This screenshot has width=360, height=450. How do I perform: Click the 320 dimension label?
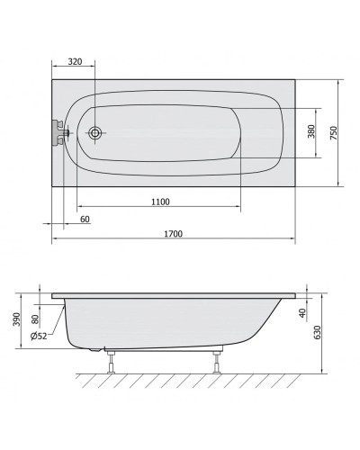[x=75, y=61]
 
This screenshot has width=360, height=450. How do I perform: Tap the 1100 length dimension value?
[x=160, y=202]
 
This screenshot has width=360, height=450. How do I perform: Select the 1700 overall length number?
[x=173, y=234]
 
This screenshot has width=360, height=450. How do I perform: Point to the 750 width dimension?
[x=334, y=133]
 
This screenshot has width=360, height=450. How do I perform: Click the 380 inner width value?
[x=311, y=131]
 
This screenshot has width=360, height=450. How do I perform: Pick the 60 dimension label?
[x=85, y=220]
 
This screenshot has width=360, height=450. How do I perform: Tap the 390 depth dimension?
[x=16, y=319]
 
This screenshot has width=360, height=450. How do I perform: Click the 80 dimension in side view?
[x=35, y=319]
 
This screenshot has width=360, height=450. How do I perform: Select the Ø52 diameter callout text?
[x=39, y=336]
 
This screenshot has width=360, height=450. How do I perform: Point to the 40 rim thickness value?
[x=302, y=313]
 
